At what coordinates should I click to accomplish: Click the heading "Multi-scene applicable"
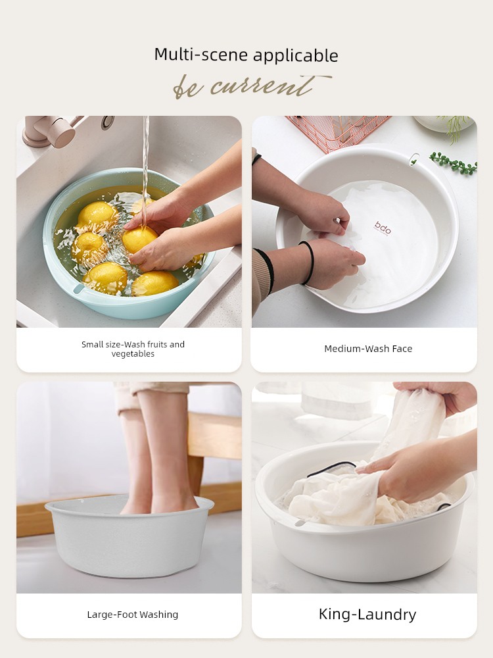pyautogui.click(x=246, y=55)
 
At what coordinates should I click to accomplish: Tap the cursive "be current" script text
pyautogui.click(x=252, y=86)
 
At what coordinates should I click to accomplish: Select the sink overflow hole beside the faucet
pyautogui.click(x=108, y=122)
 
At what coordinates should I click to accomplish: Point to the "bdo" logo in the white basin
pyautogui.click(x=383, y=228)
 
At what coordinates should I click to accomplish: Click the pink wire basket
pyautogui.click(x=339, y=131)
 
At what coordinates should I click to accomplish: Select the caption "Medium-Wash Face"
pyautogui.click(x=368, y=349)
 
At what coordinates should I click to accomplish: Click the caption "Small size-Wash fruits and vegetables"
pyautogui.click(x=133, y=349)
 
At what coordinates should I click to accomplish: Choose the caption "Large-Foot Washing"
pyautogui.click(x=133, y=615)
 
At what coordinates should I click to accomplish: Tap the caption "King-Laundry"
pyautogui.click(x=367, y=615)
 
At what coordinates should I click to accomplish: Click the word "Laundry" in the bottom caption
pyautogui.click(x=389, y=615)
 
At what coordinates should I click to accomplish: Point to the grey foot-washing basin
pyautogui.click(x=129, y=537)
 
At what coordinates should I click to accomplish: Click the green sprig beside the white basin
pyautogui.click(x=454, y=163)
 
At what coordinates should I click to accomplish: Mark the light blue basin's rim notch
pyautogui.click(x=78, y=289)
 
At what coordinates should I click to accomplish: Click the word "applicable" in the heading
pyautogui.click(x=296, y=56)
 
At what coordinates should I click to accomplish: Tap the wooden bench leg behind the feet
pyautogui.click(x=195, y=476)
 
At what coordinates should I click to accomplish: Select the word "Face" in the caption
pyautogui.click(x=402, y=349)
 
